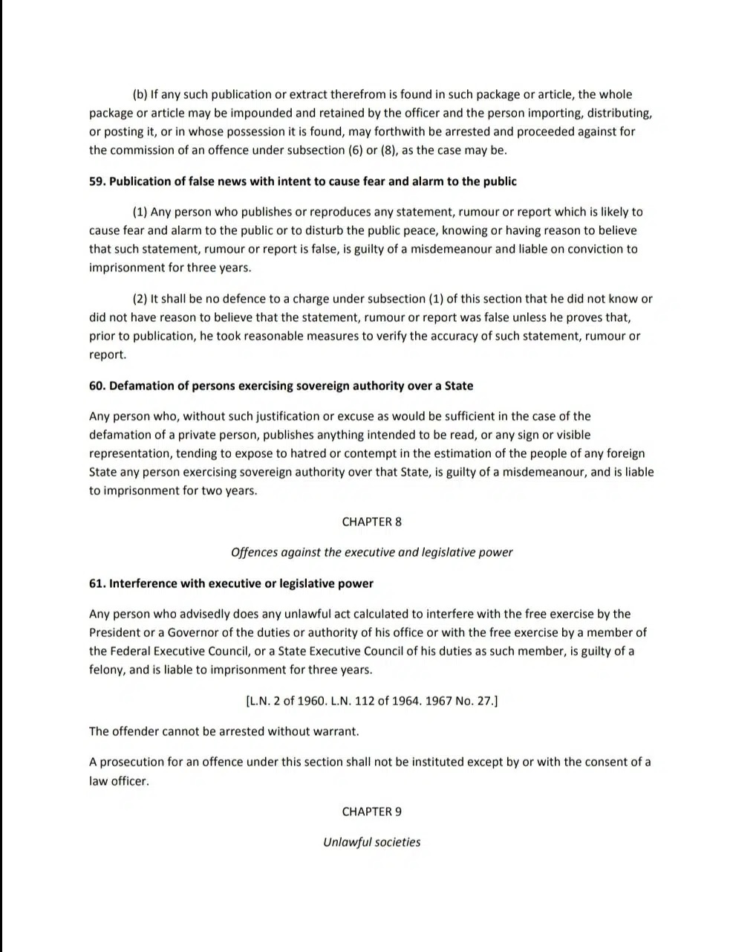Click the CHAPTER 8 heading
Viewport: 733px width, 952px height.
click(x=371, y=522)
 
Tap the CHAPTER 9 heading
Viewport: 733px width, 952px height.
click(x=371, y=812)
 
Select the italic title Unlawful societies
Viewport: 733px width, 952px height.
click(x=371, y=842)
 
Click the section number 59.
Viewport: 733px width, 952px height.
click(x=97, y=181)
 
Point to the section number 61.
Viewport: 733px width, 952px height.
click(x=97, y=583)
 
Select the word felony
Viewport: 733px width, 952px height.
click(x=106, y=670)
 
